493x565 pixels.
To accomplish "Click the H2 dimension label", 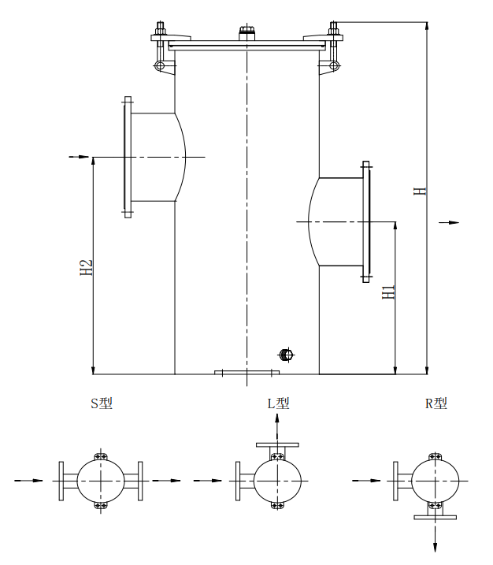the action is coord(87,268).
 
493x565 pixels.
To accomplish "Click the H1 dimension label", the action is coord(388,292).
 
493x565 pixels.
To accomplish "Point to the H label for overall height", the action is coord(420,191).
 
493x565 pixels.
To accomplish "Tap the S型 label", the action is coord(102,403).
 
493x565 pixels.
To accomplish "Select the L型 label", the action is coord(278,403).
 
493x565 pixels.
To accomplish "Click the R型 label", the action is coord(436,403).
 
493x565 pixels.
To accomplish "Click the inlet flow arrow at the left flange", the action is coord(79,157).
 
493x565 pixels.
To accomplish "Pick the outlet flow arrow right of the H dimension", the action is coord(449,223).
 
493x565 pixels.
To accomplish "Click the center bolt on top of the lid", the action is coord(246,33).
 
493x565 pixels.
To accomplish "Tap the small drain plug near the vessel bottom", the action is coord(287,355).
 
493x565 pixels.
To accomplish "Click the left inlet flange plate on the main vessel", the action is coord(128,157).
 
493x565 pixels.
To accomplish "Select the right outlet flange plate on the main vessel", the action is coord(366,221).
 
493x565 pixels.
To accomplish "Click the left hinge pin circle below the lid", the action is coord(160,65).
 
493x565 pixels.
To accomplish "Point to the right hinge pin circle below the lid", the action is coord(334,65).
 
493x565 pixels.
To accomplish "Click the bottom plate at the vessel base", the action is coord(247,372).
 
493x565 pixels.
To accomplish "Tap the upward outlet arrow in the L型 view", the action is coord(277,427).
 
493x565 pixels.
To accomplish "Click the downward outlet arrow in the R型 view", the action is coord(435,539).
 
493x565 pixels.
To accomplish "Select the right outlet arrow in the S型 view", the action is coord(165,481).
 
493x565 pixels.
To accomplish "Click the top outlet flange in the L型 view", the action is coord(277,445).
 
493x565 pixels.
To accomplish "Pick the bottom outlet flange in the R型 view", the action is coord(435,517).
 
